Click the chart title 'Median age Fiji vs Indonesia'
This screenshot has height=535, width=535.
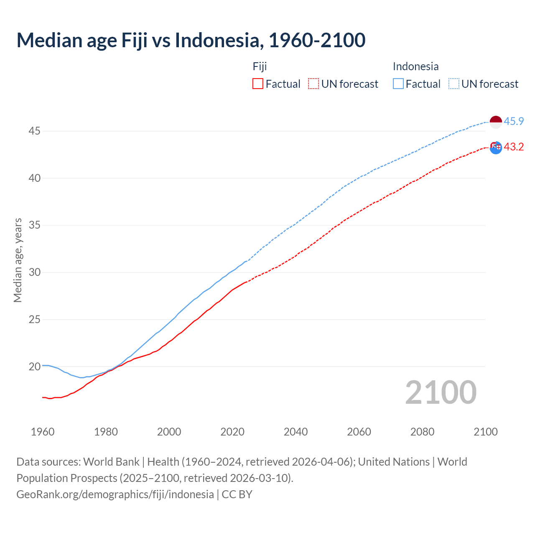coord(191,40)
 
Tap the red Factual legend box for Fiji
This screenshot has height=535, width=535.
coord(258,84)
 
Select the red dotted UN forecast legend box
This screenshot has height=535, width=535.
coord(313,84)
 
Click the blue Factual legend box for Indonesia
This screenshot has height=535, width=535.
coord(398,84)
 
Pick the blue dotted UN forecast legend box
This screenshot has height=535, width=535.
coord(454,84)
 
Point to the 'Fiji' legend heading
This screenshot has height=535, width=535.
coord(260,66)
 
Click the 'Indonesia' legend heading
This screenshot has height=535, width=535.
coord(415,66)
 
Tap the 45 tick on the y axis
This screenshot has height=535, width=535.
coord(34,131)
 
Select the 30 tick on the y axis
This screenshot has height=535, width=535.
coord(34,273)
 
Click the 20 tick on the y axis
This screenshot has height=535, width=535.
coord(34,367)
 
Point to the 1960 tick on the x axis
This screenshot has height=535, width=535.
coord(43,432)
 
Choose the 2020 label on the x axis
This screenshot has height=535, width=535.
coord(232,432)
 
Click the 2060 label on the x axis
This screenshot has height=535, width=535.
coord(359,432)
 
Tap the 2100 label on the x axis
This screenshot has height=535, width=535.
coord(486,432)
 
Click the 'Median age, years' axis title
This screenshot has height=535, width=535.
coord(18,260)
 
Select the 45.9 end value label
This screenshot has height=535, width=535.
coord(514,122)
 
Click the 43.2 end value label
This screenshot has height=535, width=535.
coord(514,147)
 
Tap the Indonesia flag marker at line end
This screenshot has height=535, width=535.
coord(496,122)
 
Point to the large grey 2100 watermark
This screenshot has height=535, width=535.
coord(441,392)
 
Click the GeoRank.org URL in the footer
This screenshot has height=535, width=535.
coord(115,494)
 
